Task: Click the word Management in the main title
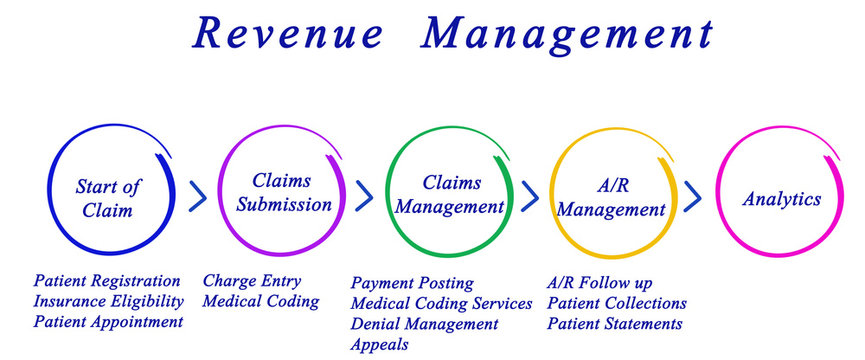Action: coord(567,32)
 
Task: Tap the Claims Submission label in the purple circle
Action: coord(282,193)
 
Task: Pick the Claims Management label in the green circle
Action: coord(451,195)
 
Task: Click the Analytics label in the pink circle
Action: coord(781,198)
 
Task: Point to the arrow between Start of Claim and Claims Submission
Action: coord(198,196)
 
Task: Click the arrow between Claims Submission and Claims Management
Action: coord(365,196)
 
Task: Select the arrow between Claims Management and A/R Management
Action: coord(530,196)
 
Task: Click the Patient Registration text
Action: coord(107,281)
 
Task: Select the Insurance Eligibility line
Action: coord(108,301)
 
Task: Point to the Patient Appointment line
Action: coord(108,322)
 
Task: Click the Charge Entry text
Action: coord(251,281)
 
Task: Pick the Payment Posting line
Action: coord(412,283)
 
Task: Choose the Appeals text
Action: coord(380,345)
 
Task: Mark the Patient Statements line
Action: coord(614,323)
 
